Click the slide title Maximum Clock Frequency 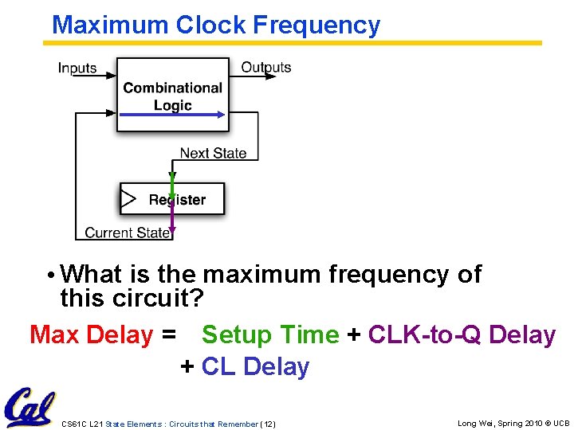pos(216,25)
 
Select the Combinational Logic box pos(172,95)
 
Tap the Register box pos(172,199)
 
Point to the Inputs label pos(77,68)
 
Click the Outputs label pos(266,68)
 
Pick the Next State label pos(213,153)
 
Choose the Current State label pos(128,233)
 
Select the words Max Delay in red pos(90,335)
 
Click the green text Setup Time pos(270,335)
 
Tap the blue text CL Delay pos(255,367)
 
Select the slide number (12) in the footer pos(267,424)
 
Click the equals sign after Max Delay pos(168,335)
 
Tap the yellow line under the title pos(296,43)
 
